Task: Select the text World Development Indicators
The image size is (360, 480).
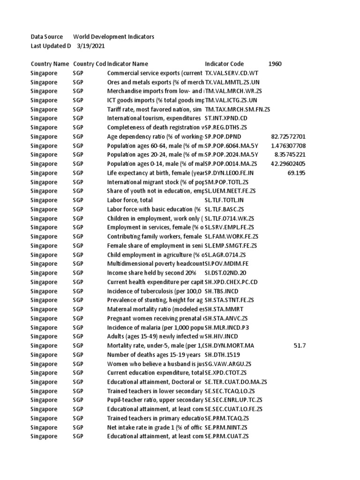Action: (x=113, y=37)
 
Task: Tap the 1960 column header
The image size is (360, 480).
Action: (x=275, y=64)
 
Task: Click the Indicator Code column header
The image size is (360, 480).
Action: (x=225, y=64)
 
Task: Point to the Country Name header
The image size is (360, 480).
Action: (x=50, y=64)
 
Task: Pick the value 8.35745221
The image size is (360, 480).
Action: (x=290, y=155)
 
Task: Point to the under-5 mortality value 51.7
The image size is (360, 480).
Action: (x=300, y=345)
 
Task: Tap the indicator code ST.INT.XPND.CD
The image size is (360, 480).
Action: (x=228, y=118)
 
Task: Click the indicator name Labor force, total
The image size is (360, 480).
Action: (x=131, y=200)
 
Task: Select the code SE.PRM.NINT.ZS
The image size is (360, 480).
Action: (x=226, y=427)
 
